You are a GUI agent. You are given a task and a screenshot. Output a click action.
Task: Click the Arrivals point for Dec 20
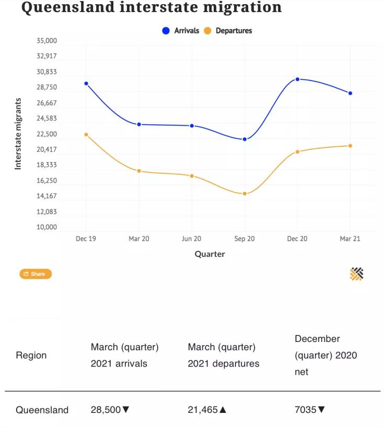point(297,79)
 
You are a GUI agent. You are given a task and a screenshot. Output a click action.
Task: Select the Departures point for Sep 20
point(245,194)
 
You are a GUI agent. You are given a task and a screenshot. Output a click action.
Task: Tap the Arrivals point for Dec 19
point(86,84)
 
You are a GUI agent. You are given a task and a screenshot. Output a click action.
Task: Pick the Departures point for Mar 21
point(350,146)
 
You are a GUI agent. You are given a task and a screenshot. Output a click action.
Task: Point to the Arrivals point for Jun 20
point(192,126)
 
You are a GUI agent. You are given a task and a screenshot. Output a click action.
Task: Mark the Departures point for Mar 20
point(139,171)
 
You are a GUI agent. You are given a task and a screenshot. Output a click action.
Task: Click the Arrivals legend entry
point(181,31)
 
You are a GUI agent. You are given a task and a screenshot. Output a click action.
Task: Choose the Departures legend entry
point(228,31)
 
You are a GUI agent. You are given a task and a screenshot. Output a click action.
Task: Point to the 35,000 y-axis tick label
point(47,41)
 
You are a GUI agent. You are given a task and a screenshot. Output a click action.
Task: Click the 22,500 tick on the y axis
point(47,134)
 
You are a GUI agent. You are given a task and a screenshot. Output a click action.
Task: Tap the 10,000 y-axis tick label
point(47,227)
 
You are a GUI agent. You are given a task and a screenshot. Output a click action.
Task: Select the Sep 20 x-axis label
point(245,239)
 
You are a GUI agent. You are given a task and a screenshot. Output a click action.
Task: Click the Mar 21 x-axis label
point(350,239)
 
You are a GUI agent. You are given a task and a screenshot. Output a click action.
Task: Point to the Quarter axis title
point(210,254)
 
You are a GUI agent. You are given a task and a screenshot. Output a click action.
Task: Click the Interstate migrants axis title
point(18,134)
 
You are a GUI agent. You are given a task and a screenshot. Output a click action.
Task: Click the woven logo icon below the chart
point(356,274)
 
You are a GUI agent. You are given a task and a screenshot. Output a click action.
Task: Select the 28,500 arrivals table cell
point(110,410)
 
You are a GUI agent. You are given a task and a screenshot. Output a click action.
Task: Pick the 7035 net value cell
point(310,410)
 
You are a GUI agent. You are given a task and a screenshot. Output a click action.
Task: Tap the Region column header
point(31,355)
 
